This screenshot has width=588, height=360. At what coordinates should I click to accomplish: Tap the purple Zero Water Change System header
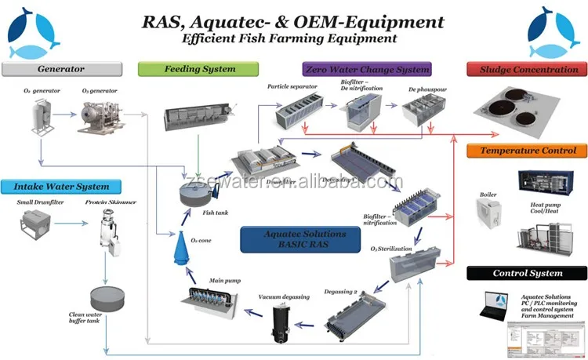[366, 69]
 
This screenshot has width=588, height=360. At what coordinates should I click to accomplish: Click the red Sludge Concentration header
[524, 69]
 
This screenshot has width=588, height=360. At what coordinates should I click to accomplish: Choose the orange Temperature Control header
[524, 150]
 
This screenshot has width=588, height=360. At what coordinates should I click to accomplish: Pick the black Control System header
[524, 273]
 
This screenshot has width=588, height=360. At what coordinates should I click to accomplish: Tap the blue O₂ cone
[180, 249]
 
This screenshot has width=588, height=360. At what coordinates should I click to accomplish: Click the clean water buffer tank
[106, 298]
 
